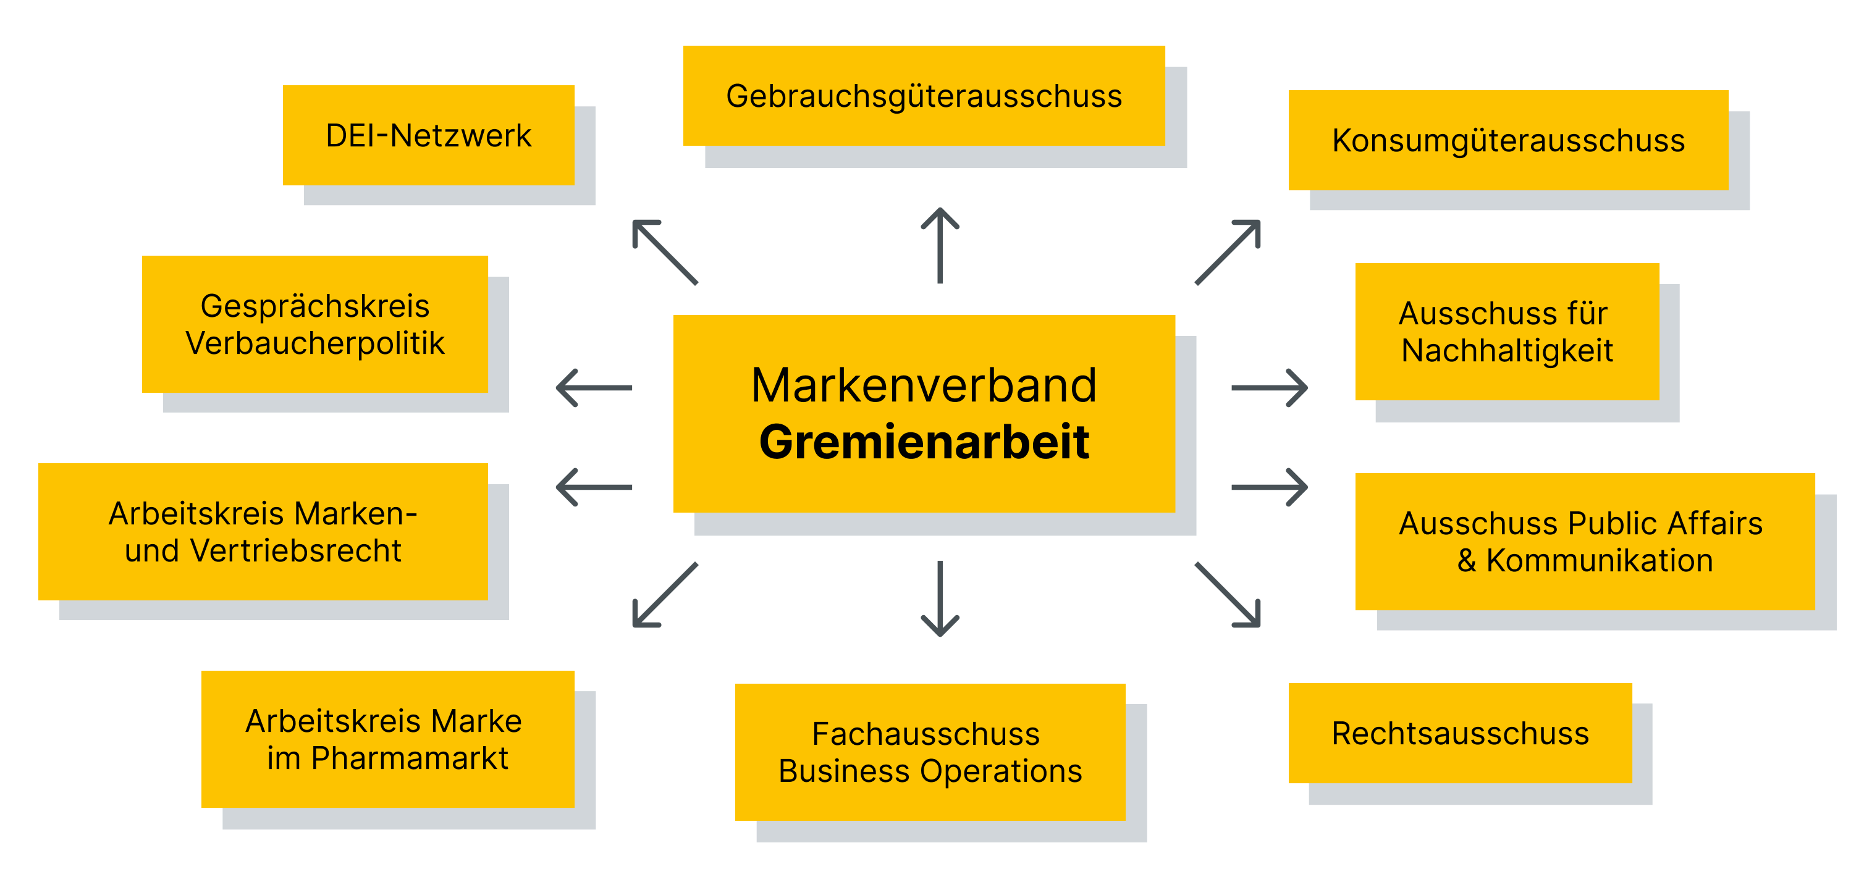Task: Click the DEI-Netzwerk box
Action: pyautogui.click(x=428, y=136)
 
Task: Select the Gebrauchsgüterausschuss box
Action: pyautogui.click(x=924, y=96)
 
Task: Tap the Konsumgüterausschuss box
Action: pyautogui.click(x=1507, y=141)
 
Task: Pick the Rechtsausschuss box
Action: pyautogui.click(x=1459, y=733)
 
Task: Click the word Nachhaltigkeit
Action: pyautogui.click(x=1507, y=351)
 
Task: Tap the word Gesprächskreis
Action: pyautogui.click(x=314, y=306)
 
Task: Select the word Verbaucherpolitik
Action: pyautogui.click(x=314, y=343)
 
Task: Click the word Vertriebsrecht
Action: pyautogui.click(x=295, y=551)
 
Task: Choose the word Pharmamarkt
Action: pyautogui.click(x=410, y=758)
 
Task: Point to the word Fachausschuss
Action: pyautogui.click(x=925, y=734)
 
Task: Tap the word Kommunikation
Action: pyautogui.click(x=1600, y=560)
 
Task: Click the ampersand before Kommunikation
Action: pyautogui.click(x=1467, y=560)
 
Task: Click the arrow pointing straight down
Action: pyautogui.click(x=940, y=599)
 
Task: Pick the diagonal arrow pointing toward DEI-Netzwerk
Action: pyautogui.click(x=665, y=252)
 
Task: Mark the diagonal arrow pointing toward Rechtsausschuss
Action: pyautogui.click(x=1228, y=595)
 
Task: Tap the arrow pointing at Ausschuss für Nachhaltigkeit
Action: pyautogui.click(x=1269, y=388)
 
